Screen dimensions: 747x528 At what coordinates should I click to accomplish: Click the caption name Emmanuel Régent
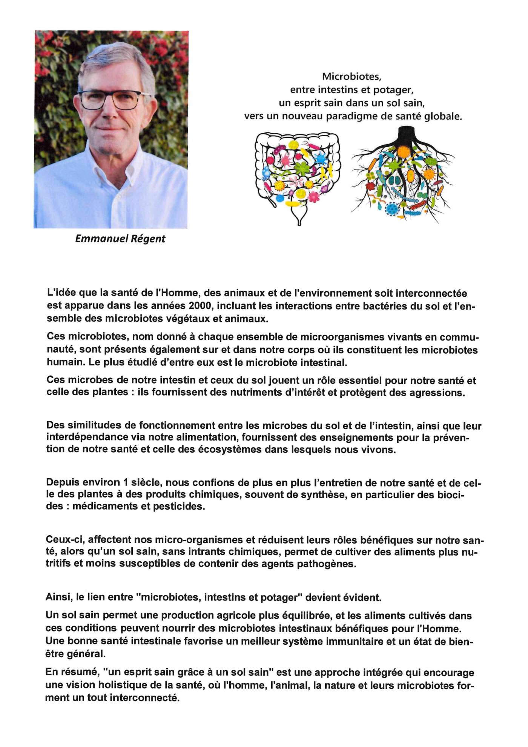[x=120, y=239]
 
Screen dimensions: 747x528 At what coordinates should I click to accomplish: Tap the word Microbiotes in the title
[x=351, y=77]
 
